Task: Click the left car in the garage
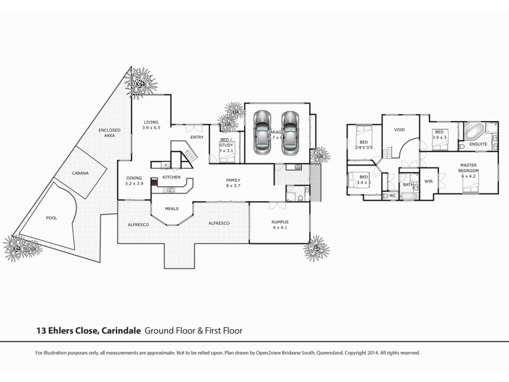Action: pos(261,132)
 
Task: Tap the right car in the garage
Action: pos(290,132)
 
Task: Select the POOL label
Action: pos(52,218)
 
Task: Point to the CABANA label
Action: pos(80,173)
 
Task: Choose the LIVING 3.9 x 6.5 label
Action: pos(151,125)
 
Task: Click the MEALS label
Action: pos(172,208)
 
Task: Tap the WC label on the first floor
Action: pos(393,195)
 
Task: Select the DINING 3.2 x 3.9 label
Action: pos(134,181)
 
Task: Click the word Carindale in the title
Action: pos(120,330)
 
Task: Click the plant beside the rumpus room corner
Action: pos(316,248)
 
